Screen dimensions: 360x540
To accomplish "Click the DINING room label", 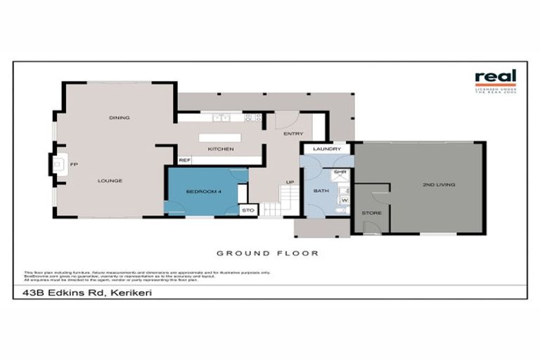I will coord(119,117).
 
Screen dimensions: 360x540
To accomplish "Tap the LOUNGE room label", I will coord(110,181).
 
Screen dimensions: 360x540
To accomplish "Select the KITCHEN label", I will coord(220,149).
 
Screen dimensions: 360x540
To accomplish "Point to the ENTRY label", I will coord(292,133).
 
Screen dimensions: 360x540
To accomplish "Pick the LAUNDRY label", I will coord(327,149).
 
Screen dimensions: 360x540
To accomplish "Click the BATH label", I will coord(321,191).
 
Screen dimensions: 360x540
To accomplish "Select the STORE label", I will coord(371,212).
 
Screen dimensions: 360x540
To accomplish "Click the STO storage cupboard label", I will coord(247,210).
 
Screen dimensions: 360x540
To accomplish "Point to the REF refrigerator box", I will coord(184,160).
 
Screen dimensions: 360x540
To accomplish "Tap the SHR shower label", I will coord(340,172).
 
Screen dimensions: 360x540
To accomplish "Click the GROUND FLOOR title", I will coord(267,253).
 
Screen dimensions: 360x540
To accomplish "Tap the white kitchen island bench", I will coord(221,138).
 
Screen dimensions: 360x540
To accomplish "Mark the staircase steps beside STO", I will coord(272,210).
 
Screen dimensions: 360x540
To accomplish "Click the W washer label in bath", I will coord(345,200).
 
